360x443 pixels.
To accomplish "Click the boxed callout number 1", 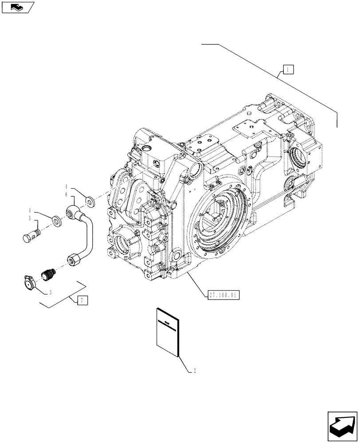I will coord(287,69).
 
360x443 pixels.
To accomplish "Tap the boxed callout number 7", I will coord(82,301).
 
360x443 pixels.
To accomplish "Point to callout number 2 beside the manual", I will coord(195,371).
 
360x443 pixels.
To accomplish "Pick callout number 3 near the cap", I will coord(51,293).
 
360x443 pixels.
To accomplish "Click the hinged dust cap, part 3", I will coord(28,282).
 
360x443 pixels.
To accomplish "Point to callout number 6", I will coord(66,194).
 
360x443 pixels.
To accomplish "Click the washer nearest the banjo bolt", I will coord(56,220).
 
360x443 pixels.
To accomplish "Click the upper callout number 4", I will coord(67,187).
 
